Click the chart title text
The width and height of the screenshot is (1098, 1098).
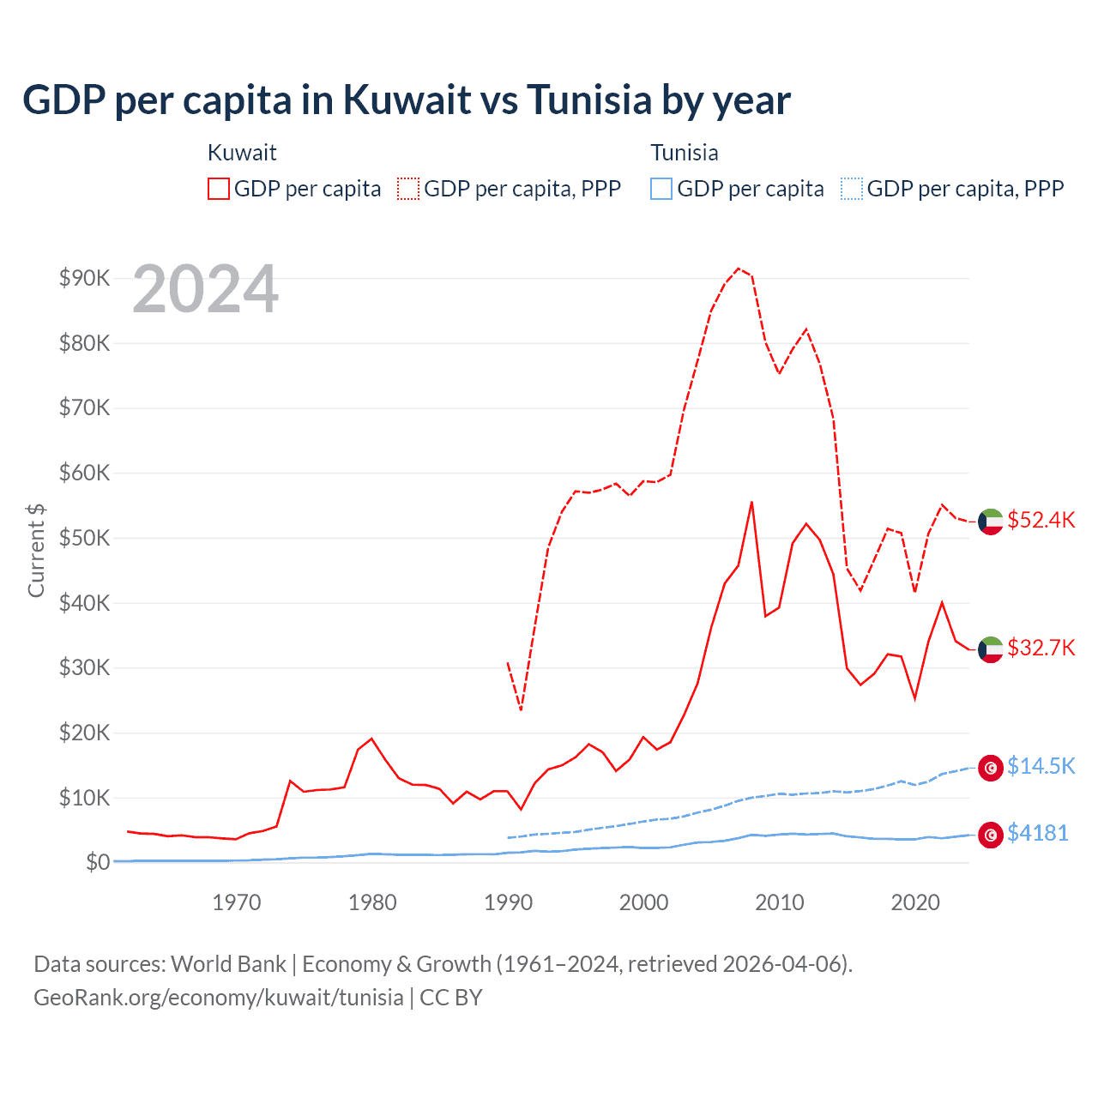(407, 100)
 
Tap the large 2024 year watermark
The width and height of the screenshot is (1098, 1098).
(205, 290)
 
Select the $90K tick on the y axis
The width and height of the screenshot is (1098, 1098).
(84, 278)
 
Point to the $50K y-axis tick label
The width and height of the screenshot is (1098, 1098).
(84, 538)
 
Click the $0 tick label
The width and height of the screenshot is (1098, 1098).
(97, 862)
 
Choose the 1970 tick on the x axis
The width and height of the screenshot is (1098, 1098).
(237, 902)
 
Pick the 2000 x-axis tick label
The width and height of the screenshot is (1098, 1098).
(643, 902)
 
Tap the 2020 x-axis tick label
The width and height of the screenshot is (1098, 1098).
(915, 902)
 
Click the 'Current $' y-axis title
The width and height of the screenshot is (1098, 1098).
(36, 550)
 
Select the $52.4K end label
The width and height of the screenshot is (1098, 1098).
(1041, 521)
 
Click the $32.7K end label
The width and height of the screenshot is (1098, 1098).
(1041, 648)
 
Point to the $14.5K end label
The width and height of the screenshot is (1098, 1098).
(1041, 766)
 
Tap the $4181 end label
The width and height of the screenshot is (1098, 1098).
(1037, 833)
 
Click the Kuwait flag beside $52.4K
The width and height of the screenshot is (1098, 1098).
(991, 522)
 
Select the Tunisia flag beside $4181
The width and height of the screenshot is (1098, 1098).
(991, 835)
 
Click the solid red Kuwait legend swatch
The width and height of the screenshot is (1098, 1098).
(219, 189)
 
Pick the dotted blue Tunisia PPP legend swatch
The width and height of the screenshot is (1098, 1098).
(851, 189)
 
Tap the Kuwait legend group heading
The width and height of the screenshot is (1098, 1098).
(242, 153)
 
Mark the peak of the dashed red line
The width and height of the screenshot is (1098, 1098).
(739, 268)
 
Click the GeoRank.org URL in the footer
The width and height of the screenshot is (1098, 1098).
(219, 998)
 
